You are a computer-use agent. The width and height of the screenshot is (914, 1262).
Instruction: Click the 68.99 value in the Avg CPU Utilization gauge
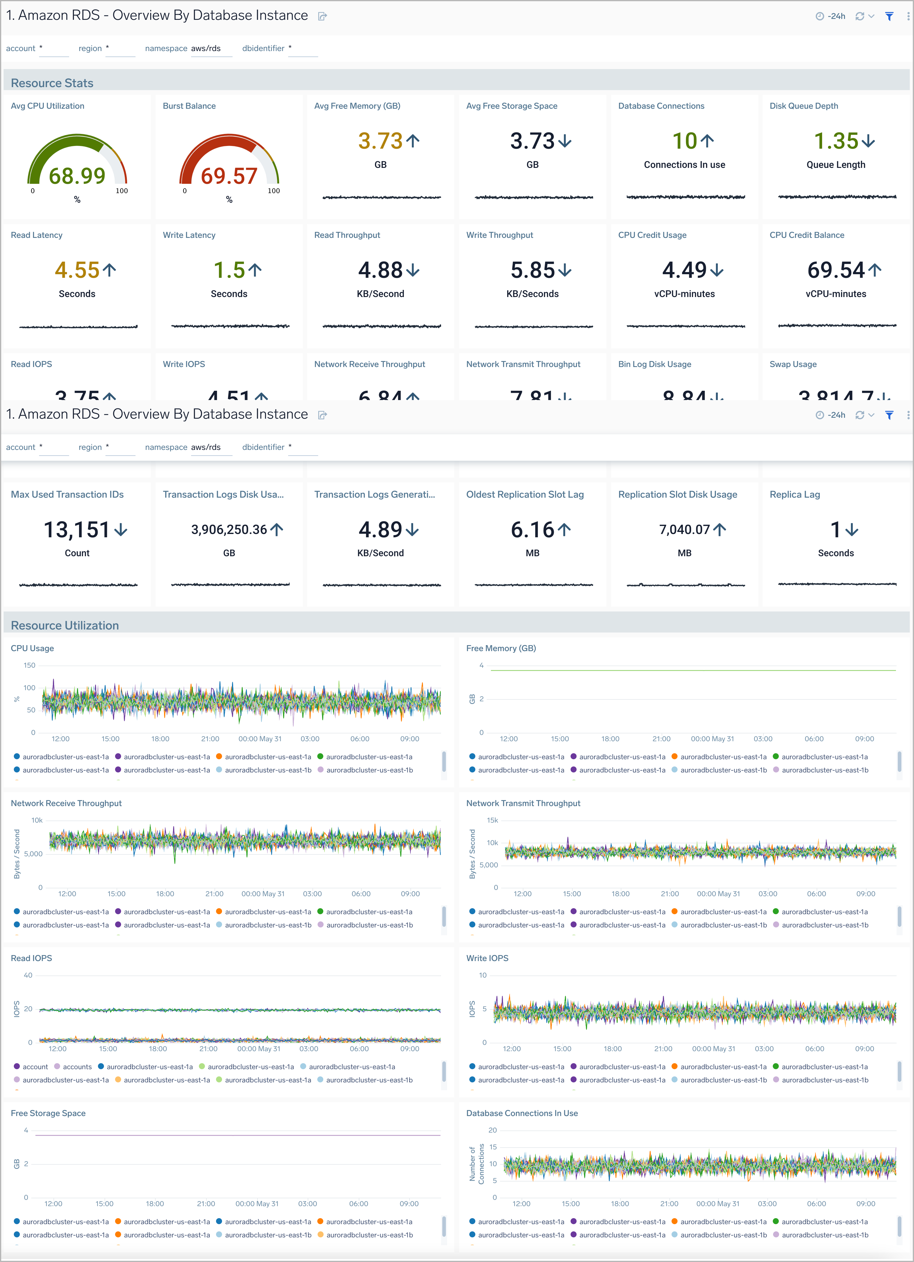pyautogui.click(x=77, y=176)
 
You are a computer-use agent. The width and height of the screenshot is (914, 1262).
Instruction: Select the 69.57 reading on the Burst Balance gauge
pyautogui.click(x=229, y=176)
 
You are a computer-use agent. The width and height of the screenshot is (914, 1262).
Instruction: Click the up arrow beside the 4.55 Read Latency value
pyautogui.click(x=110, y=270)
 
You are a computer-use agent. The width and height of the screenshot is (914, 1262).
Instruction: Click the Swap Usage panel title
pyautogui.click(x=793, y=364)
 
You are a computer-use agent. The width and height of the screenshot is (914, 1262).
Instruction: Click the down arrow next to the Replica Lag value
pyautogui.click(x=852, y=530)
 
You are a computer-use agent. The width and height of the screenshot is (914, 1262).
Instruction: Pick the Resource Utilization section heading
pyautogui.click(x=65, y=625)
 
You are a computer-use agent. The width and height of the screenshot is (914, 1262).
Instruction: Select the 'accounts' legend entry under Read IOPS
pyautogui.click(x=77, y=1067)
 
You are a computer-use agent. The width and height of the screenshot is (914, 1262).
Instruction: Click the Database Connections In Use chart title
pyautogui.click(x=522, y=1113)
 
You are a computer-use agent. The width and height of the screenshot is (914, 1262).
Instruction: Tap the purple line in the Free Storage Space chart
pyautogui.click(x=239, y=1135)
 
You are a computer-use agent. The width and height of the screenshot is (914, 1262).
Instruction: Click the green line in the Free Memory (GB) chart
pyautogui.click(x=690, y=670)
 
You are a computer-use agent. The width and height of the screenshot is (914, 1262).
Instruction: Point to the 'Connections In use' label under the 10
pyautogui.click(x=684, y=165)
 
